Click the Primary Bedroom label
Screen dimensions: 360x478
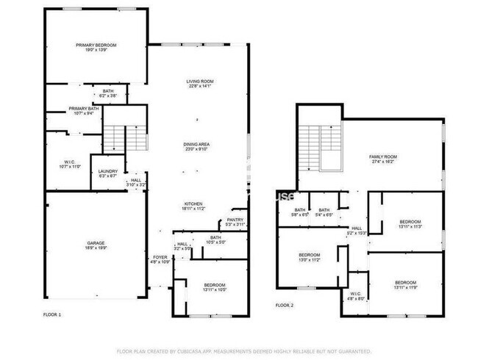tap(96, 46)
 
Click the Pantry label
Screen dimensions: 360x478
tap(235, 219)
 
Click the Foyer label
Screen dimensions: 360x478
tap(160, 257)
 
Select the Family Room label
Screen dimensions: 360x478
tap(382, 156)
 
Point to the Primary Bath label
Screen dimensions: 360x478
tap(83, 109)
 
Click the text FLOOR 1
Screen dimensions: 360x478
tap(52, 314)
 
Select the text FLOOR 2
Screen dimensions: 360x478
tap(285, 305)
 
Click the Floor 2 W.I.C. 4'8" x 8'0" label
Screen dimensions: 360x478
tap(356, 295)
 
